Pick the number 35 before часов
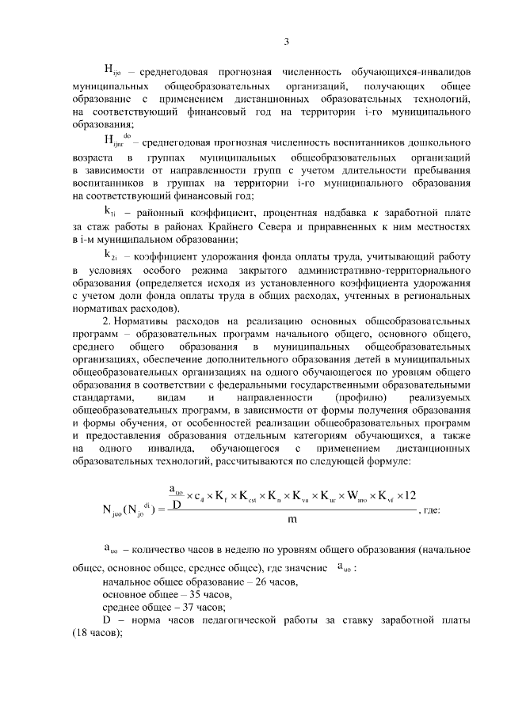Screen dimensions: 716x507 point(189,594)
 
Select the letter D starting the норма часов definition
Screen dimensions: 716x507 point(108,620)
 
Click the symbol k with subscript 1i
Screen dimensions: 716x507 point(111,212)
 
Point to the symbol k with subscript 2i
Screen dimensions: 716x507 point(111,256)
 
